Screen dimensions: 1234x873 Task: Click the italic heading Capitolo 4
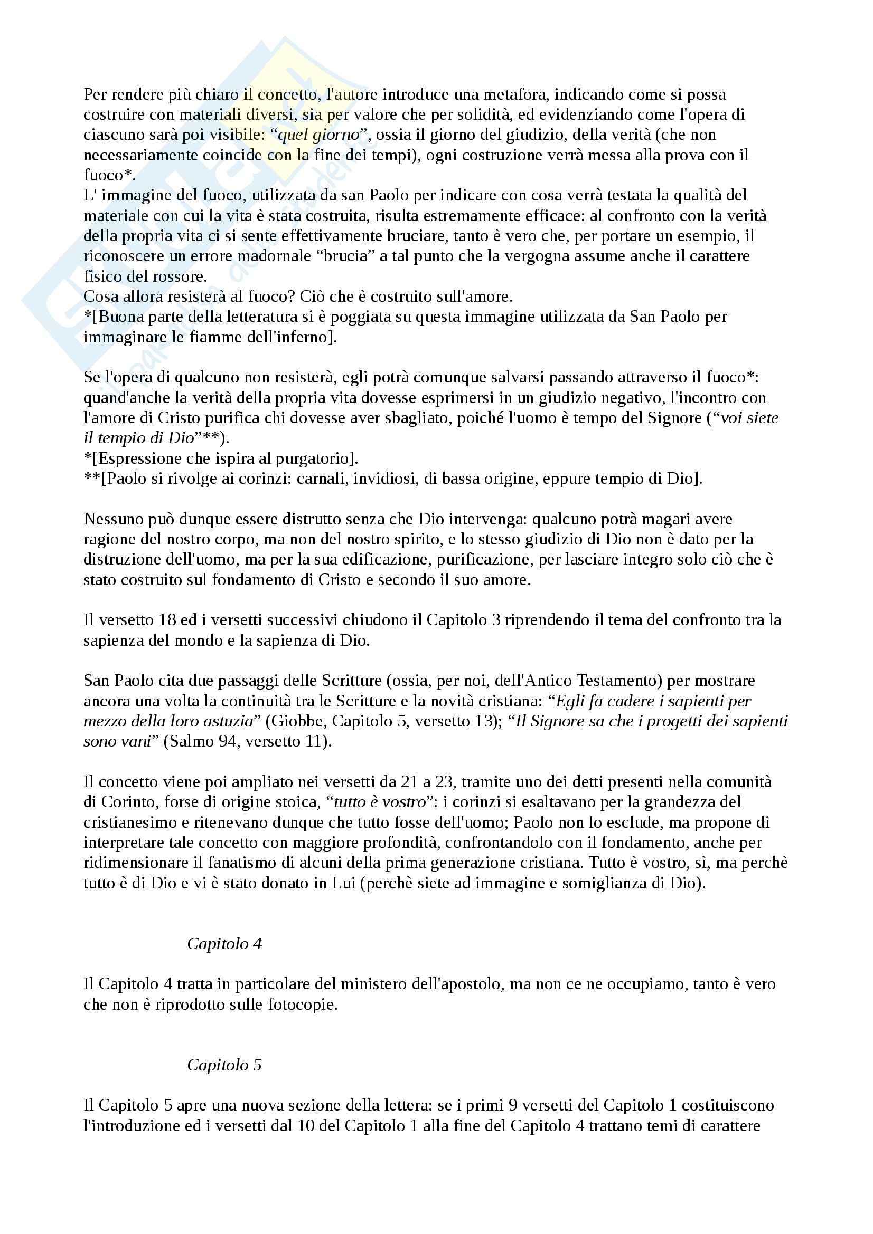coord(224,944)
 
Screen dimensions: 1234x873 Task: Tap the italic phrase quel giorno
coord(318,135)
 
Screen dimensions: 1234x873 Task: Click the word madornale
coord(274,256)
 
